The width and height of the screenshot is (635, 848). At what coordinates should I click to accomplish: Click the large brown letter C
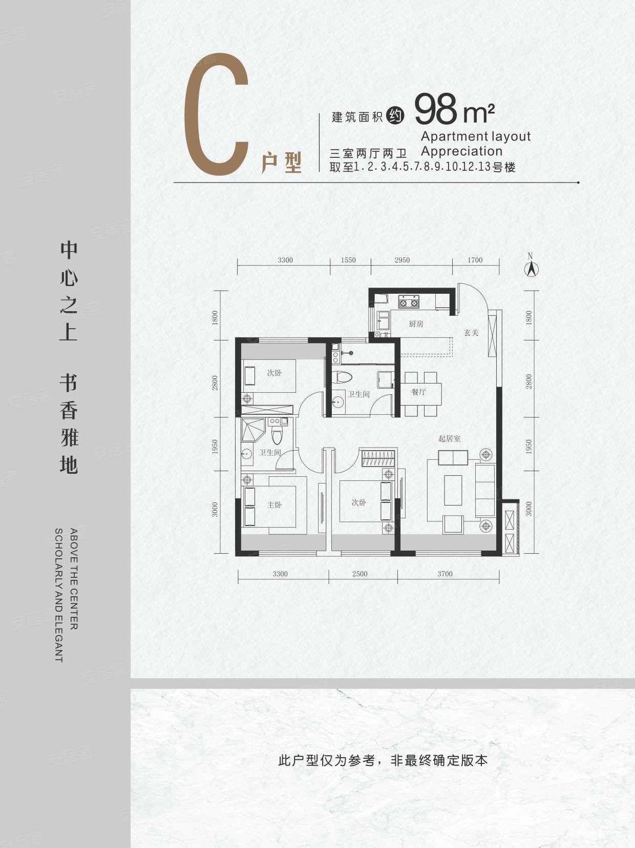click(216, 117)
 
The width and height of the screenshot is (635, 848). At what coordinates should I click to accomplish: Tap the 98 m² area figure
click(454, 109)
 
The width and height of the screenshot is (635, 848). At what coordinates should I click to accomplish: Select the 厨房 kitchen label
click(416, 324)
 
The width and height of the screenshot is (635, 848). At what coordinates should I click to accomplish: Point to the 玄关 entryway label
click(471, 333)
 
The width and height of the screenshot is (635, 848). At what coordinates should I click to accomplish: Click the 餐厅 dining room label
click(418, 392)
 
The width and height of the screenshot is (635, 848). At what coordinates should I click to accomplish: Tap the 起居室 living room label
click(449, 438)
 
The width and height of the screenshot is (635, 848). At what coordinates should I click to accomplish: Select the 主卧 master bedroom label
click(274, 505)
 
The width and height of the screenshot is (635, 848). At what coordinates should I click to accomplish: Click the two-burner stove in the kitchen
click(409, 302)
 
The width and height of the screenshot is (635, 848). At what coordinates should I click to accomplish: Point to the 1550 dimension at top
click(348, 260)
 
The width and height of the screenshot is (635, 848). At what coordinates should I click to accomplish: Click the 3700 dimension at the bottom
click(444, 574)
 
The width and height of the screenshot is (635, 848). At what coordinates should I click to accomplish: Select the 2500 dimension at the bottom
click(359, 574)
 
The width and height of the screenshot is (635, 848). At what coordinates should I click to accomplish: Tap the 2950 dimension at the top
click(402, 260)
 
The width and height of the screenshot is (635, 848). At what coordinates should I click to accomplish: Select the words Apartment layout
click(475, 136)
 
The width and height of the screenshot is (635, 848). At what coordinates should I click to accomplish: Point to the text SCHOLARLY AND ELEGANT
click(59, 595)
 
